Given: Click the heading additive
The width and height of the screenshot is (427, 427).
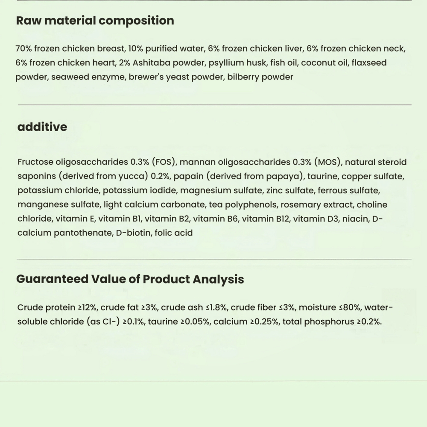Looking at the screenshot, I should [42, 127].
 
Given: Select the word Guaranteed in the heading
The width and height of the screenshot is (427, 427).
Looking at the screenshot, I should [53, 279].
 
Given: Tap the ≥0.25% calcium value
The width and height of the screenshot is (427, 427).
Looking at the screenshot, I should [263, 322].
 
